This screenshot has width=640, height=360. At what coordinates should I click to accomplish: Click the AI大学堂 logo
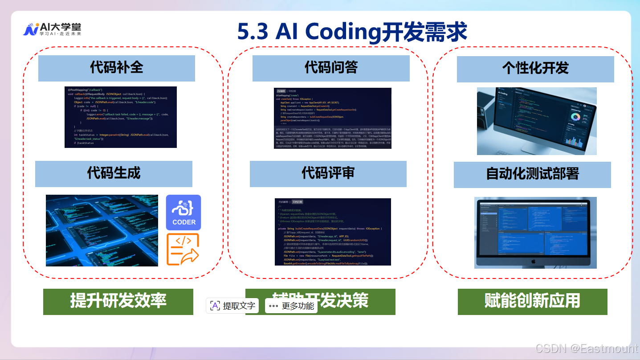(x=52, y=29)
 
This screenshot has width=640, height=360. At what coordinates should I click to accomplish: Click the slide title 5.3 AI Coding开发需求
(x=352, y=32)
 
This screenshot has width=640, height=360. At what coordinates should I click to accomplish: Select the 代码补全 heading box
(x=116, y=68)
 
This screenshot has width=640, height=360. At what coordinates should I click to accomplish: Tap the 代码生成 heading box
(x=114, y=173)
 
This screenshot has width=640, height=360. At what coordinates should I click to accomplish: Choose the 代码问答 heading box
(x=330, y=68)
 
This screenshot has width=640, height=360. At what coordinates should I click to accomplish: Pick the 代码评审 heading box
(x=328, y=173)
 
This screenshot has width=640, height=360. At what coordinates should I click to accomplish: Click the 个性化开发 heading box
(x=535, y=69)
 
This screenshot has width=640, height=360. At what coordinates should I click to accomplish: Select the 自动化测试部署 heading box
(x=532, y=174)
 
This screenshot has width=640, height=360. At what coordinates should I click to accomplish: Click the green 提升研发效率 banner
(x=118, y=302)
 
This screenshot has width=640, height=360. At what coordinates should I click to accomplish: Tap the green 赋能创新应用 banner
(x=532, y=302)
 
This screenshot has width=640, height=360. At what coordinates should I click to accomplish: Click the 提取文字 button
(x=232, y=306)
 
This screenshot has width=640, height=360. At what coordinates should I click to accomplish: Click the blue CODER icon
(x=183, y=213)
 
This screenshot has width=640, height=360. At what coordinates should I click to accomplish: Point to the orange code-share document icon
(x=183, y=250)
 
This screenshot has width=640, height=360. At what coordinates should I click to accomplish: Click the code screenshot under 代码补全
(x=120, y=117)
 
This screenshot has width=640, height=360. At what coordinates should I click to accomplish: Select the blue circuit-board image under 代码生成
(x=102, y=230)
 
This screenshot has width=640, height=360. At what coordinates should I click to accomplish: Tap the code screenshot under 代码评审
(x=333, y=232)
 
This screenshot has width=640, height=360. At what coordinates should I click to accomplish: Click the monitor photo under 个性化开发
(x=536, y=121)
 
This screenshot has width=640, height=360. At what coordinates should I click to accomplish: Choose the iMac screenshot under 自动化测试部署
(x=535, y=232)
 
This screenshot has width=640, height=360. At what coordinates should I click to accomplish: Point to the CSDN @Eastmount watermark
(x=587, y=348)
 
